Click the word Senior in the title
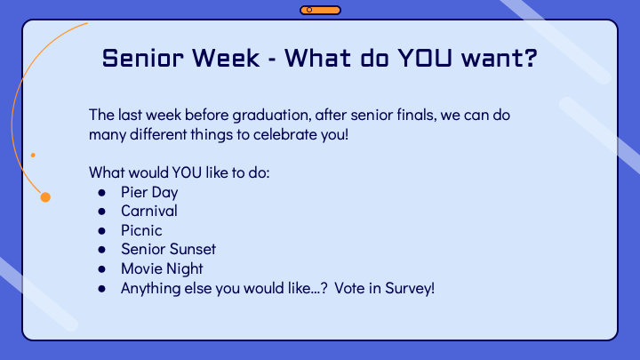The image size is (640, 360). click(x=142, y=58)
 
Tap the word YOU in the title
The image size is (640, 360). click(x=425, y=58)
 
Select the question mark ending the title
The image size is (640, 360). click(x=531, y=58)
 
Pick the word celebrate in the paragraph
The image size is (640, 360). click(x=284, y=134)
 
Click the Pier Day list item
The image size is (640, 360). click(x=149, y=193)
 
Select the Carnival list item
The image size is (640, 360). click(x=149, y=211)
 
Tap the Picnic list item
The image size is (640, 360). click(x=141, y=230)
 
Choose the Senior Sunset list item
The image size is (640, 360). click(x=169, y=249)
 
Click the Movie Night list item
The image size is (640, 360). click(x=162, y=269)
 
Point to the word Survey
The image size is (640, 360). click(x=410, y=289)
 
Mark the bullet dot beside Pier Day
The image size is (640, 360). click(x=101, y=192)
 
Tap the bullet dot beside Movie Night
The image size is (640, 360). click(x=101, y=269)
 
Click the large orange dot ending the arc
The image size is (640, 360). click(x=45, y=197)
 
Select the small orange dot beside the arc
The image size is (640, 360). click(x=33, y=155)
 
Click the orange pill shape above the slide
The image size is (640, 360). click(x=320, y=10)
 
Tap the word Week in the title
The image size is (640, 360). click(x=226, y=58)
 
